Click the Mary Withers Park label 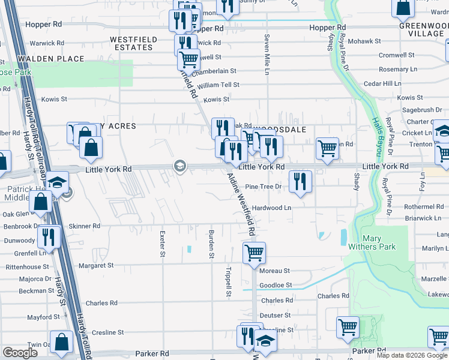coord(372,242)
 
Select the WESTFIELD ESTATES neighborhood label coord(133,43)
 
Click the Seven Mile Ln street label coord(267,55)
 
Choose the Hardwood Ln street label coord(271,208)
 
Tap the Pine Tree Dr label coord(263,187)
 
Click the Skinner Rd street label coord(84,226)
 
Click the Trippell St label coord(229,281)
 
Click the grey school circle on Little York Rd coord(179,166)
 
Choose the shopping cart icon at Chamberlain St coord(189,59)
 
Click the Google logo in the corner coord(19,352)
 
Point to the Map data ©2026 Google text coord(411,355)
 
